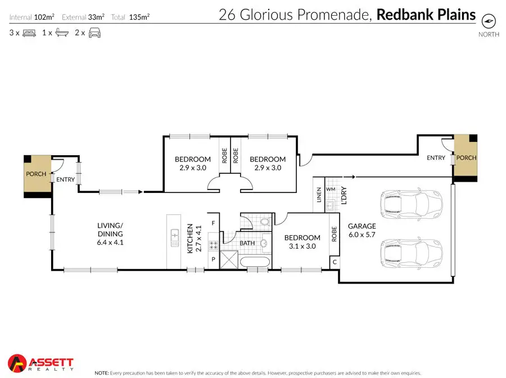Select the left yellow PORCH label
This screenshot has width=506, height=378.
[x=36, y=174]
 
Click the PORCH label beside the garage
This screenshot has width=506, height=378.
[x=466, y=157]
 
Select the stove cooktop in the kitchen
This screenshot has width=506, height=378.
[x=213, y=245]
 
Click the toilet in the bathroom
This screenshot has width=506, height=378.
[x=265, y=223]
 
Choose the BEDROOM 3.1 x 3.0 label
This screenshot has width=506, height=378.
[x=302, y=242]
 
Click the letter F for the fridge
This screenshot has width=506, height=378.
[x=213, y=223]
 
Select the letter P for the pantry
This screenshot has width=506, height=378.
[x=213, y=259]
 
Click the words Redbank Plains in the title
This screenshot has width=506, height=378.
[x=426, y=15]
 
